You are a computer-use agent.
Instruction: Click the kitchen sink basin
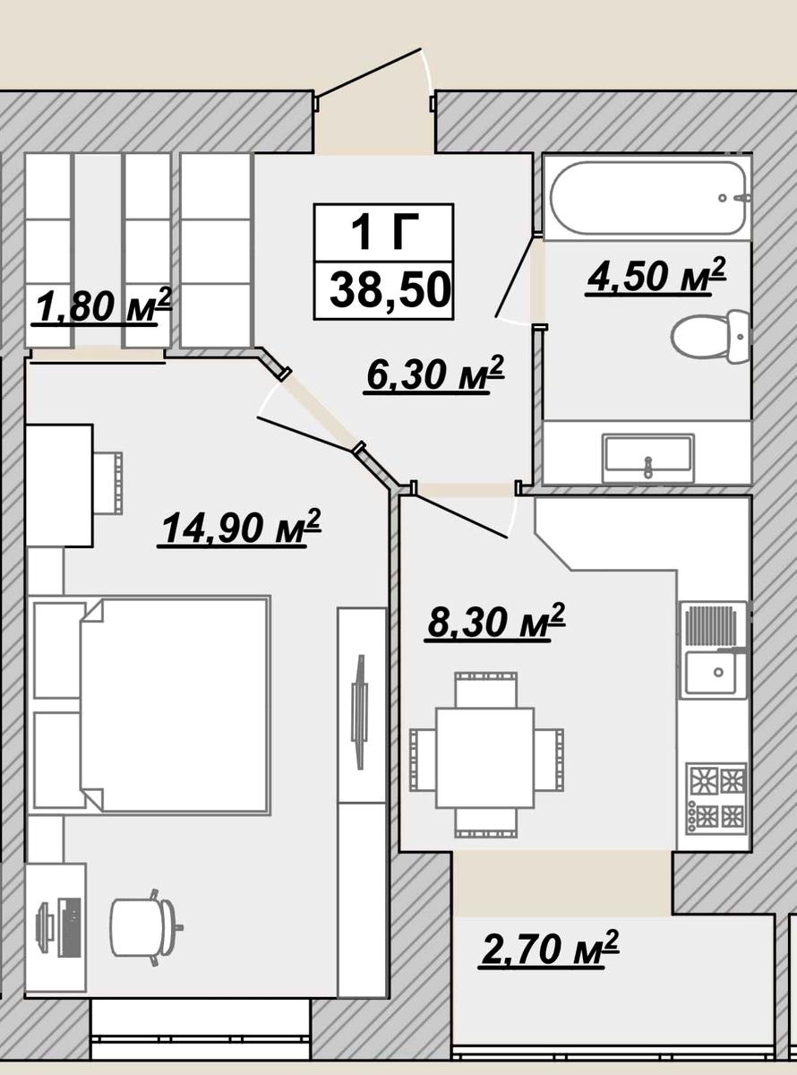tap(713, 673)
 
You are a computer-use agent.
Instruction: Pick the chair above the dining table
tap(486, 690)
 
